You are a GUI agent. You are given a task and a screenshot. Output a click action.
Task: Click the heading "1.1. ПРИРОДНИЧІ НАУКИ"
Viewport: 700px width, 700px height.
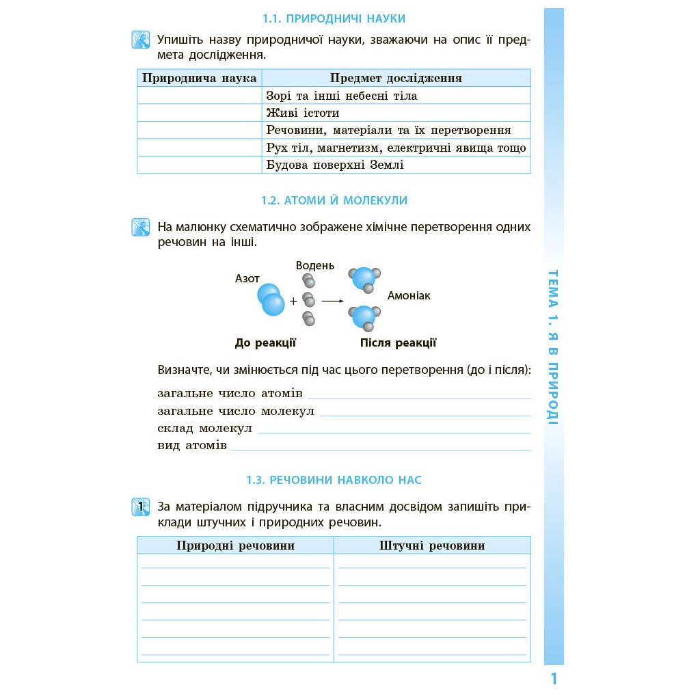tap(334, 18)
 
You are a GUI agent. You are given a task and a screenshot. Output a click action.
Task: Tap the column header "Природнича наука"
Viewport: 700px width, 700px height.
tap(199, 78)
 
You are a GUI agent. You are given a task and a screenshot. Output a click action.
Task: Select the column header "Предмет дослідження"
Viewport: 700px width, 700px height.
tap(396, 78)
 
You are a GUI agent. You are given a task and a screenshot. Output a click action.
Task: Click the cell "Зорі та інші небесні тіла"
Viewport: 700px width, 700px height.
tap(341, 96)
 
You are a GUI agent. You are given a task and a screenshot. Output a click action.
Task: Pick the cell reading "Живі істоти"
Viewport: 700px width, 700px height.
tap(303, 113)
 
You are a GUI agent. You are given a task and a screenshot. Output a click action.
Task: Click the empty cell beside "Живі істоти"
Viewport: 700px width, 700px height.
tap(199, 113)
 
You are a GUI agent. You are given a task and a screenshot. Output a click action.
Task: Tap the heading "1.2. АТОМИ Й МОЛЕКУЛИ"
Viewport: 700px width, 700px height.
tap(334, 200)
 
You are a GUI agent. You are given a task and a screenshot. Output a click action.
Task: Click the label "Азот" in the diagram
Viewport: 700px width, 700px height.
tap(247, 279)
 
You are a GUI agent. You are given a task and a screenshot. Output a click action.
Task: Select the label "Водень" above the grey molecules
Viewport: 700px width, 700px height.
tap(315, 265)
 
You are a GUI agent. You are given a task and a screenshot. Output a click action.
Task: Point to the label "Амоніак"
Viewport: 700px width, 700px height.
tap(409, 296)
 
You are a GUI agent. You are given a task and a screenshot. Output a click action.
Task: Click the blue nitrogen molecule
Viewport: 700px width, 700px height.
tap(271, 299)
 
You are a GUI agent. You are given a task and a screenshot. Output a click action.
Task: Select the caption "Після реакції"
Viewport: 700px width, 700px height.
tap(398, 343)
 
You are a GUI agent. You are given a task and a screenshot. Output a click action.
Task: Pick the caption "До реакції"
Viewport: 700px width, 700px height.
tap(265, 343)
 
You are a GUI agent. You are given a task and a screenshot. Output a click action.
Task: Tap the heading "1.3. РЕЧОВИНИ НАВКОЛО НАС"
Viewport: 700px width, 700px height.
tap(334, 480)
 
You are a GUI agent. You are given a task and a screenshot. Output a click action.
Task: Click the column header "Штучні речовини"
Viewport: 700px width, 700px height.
tap(432, 546)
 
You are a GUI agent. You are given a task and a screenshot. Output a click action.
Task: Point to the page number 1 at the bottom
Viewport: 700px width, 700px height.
tap(554, 679)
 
